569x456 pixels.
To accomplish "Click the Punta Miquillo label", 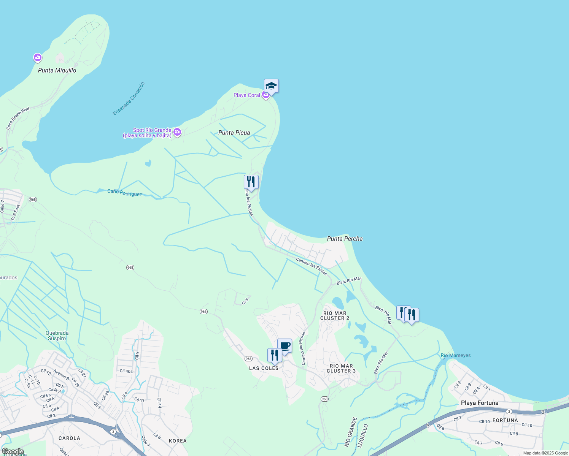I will tap(57, 70).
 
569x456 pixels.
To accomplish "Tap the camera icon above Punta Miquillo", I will tap(37, 58).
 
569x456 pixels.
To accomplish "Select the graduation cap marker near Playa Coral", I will tap(271, 86).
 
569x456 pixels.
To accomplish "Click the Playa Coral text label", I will tap(247, 95).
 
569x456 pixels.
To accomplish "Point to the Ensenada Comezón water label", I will tap(129, 98).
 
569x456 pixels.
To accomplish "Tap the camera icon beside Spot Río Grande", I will tap(177, 132).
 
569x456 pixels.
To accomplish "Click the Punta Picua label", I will tap(234, 133).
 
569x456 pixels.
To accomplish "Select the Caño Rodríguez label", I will tap(124, 193).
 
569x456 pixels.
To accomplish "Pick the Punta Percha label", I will tap(345, 239).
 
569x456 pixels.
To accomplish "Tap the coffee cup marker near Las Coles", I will tap(284, 346).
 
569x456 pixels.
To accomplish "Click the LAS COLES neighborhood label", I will tap(264, 368).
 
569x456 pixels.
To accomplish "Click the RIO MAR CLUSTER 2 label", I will tap(335, 316).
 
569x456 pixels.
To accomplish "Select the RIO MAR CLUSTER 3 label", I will tap(341, 369).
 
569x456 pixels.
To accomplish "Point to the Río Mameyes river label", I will tap(456, 356).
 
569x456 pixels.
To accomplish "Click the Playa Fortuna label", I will tap(480, 403).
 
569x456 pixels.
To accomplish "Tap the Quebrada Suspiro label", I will tap(57, 336).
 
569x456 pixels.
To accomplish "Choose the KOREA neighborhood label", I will tap(178, 441).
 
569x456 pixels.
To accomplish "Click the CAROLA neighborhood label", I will tap(69, 438).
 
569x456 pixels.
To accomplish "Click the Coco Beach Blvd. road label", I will tap(18, 119).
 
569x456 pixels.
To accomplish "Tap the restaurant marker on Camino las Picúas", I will tap(251, 181).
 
